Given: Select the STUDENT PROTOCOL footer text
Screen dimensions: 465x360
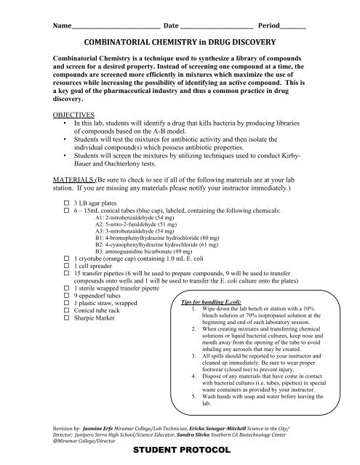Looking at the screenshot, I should pos(180,451).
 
